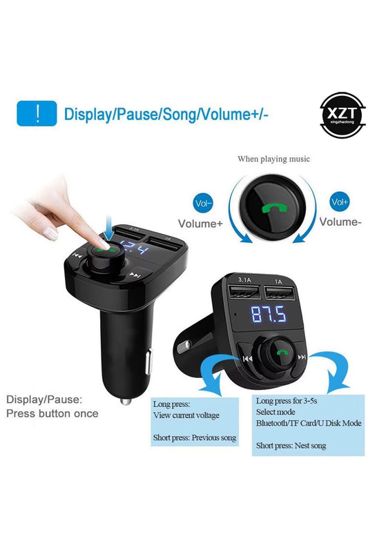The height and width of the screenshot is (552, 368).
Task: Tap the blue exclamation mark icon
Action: (x=37, y=113)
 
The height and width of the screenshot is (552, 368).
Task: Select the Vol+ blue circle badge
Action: (x=340, y=202)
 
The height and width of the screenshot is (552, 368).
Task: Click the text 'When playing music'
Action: (x=273, y=159)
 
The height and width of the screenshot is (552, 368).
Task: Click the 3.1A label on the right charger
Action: (x=243, y=281)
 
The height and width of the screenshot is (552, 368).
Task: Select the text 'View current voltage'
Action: (x=186, y=415)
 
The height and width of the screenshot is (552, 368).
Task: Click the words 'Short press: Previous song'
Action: (x=195, y=437)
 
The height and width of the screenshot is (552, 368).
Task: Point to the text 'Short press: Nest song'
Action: (x=291, y=446)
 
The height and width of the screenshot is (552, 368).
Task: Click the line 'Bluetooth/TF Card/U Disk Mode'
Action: (x=309, y=423)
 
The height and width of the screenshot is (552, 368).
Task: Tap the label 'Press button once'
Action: (x=52, y=414)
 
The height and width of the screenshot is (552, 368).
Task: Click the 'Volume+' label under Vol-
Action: (x=200, y=223)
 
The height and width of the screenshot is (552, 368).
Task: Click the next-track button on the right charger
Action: (x=301, y=357)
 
